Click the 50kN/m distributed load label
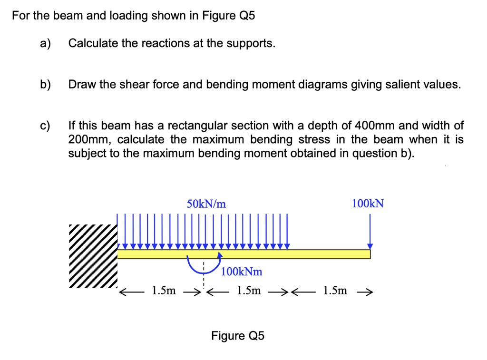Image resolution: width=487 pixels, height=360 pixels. tap(206, 204)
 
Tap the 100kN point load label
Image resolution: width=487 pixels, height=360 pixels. tap(368, 204)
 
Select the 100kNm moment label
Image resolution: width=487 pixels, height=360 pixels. tap(242, 272)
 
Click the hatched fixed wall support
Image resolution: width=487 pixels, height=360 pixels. tap(93, 256)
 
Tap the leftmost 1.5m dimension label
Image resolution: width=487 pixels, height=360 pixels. tap(163, 291)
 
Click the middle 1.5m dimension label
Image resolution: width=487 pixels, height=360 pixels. tap(248, 291)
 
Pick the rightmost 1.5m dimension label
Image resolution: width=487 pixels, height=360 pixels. tap(335, 291)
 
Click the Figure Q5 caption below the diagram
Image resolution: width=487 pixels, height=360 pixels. tap(238, 336)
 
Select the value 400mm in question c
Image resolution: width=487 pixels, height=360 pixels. tap(373, 126)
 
